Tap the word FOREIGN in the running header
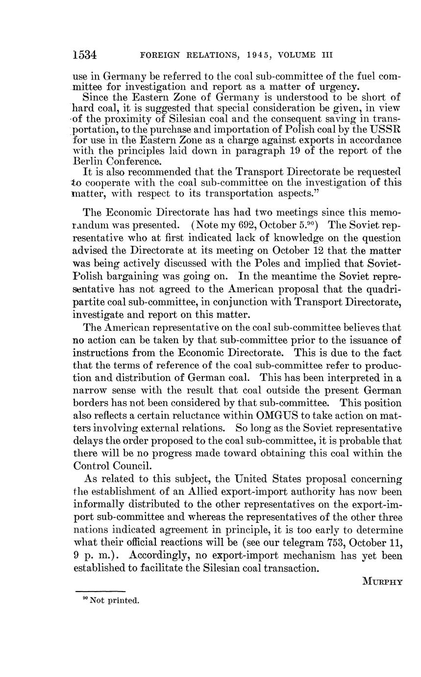(x=158, y=55)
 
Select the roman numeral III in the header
(x=327, y=55)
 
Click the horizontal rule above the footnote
(x=100, y=591)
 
